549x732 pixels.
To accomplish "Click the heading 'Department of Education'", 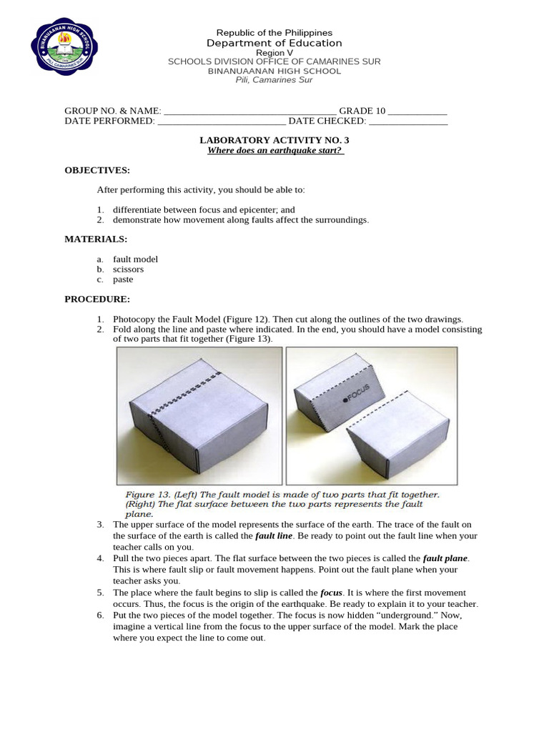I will tap(274, 44).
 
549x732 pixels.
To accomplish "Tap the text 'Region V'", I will tap(274, 53).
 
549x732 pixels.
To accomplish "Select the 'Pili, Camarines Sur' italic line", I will tap(274, 80).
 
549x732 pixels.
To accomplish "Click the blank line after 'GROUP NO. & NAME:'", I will tap(249, 112).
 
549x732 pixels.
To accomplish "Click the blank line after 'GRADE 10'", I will tap(417, 112).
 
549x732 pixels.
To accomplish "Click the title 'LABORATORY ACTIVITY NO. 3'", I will tap(274, 140).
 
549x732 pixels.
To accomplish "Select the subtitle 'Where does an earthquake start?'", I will tap(275, 151).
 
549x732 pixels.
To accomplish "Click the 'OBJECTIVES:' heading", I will tap(97, 170).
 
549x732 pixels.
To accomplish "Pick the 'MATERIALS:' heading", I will tap(96, 239).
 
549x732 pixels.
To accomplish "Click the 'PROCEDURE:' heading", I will tap(97, 299).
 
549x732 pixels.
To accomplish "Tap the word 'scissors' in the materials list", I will tap(128, 269).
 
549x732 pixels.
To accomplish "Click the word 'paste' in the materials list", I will tap(123, 280).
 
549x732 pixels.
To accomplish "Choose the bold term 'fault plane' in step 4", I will tap(445, 558).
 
